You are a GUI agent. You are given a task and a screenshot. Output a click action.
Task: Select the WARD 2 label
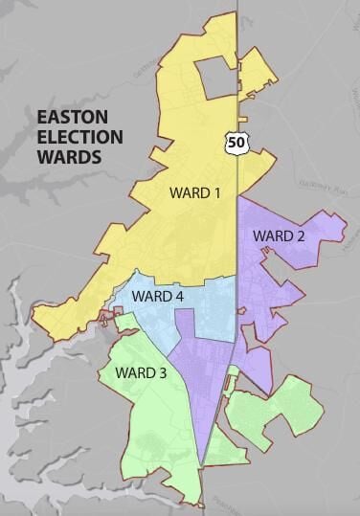tap(279, 235)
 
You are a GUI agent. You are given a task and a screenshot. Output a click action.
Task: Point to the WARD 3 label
tap(141, 371)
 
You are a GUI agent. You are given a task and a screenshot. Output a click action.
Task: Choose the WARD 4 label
tap(157, 296)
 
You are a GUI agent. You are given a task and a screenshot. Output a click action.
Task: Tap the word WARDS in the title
tap(68, 157)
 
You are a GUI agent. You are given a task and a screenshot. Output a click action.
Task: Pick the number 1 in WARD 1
tap(216, 193)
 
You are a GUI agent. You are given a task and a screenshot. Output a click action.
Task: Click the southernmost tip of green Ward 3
tap(199, 505)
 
